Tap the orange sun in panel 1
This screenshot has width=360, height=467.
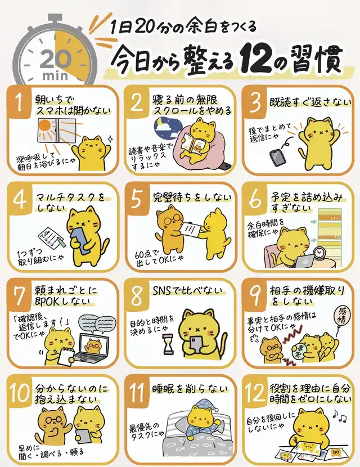coord(44,125)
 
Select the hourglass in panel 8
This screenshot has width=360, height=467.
coord(168,344)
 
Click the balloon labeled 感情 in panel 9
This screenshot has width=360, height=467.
coord(343,316)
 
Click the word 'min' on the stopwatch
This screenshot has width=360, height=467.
coord(55,75)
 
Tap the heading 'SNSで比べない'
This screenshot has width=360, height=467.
coord(187,291)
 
